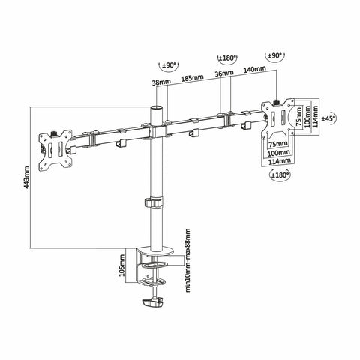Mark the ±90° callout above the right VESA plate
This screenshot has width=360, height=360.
click(274, 56)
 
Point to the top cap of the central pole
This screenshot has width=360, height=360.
click(157, 110)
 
